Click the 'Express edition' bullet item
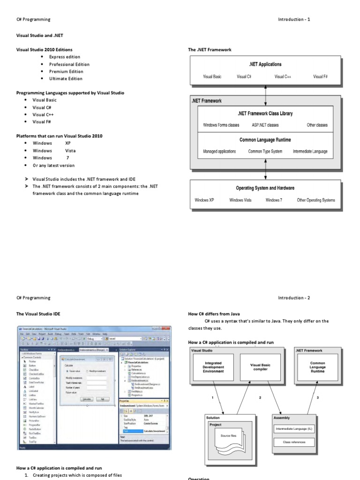[65, 57]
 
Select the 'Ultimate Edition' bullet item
[66, 79]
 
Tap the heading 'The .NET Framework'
[210, 50]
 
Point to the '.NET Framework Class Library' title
[265, 113]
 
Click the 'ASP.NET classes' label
[265, 125]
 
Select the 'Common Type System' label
[265, 151]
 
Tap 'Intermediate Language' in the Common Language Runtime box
[310, 151]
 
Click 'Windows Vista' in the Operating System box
[240, 200]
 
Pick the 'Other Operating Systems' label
[316, 200]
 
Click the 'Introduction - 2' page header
[294, 298]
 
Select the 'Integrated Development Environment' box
[213, 367]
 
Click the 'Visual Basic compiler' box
[261, 367]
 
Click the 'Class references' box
[294, 442]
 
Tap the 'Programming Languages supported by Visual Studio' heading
[70, 93]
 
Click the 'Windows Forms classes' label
[221, 125]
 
